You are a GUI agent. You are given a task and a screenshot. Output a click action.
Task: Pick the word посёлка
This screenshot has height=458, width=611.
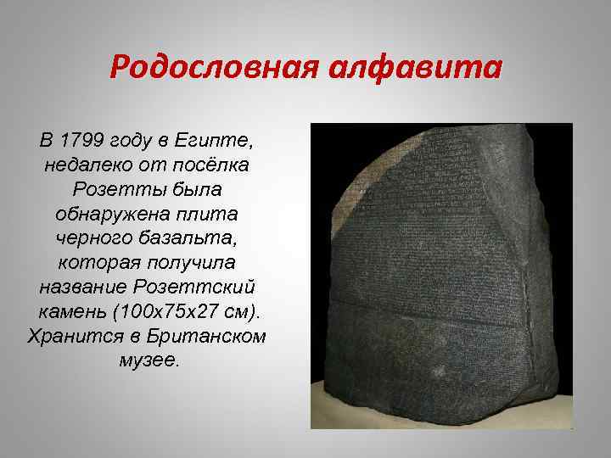point(221,162)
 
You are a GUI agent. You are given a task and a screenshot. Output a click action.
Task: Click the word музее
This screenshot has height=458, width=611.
point(149,359)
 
